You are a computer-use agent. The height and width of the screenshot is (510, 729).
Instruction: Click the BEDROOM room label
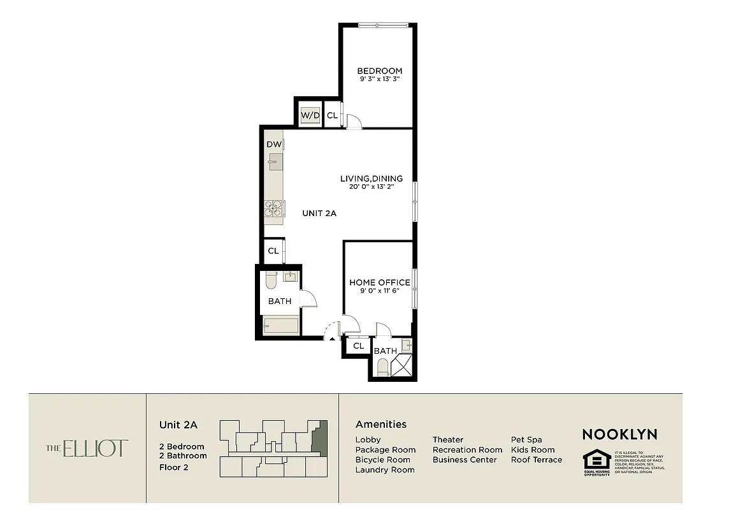pyautogui.click(x=379, y=71)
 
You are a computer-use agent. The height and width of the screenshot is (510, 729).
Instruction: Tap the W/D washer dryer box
pyautogui.click(x=310, y=115)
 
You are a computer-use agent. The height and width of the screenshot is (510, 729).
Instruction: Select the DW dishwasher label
pyautogui.click(x=273, y=145)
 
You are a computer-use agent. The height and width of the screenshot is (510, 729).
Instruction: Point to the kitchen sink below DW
pyautogui.click(x=275, y=162)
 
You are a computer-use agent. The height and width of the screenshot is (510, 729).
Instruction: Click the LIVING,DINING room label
pyautogui.click(x=372, y=178)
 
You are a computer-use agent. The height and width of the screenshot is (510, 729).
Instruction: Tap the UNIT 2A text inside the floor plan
pyautogui.click(x=319, y=214)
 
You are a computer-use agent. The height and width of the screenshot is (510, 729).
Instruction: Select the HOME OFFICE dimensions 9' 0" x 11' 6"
pyautogui.click(x=379, y=291)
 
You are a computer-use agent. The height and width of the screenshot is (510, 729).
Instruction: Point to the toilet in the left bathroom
pyautogui.click(x=270, y=280)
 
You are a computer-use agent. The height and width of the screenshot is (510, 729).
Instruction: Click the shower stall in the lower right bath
pyautogui.click(x=402, y=366)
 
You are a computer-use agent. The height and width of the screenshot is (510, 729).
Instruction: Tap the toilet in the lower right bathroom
pyautogui.click(x=382, y=368)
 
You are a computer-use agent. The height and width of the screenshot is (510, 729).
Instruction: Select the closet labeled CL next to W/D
pyautogui.click(x=332, y=115)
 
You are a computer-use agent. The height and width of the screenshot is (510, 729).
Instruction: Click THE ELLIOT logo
pyautogui.click(x=87, y=448)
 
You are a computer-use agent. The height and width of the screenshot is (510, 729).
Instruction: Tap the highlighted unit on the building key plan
pyautogui.click(x=322, y=439)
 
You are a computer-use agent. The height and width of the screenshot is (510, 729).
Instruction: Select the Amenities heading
pyautogui.click(x=380, y=424)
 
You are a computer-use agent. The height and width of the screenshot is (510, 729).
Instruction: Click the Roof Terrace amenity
pyautogui.click(x=536, y=460)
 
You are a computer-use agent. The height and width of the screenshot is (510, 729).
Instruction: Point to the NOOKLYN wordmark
pyautogui.click(x=619, y=434)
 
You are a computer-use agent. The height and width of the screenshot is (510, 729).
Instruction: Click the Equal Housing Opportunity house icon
pyautogui.click(x=596, y=460)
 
